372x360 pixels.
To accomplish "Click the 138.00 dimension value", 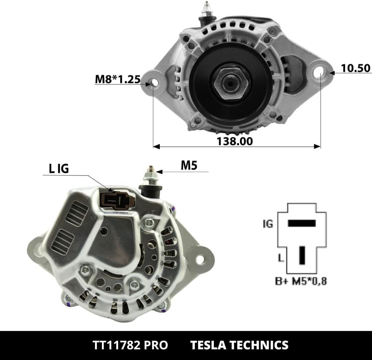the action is (235, 141).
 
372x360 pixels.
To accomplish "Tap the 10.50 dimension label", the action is (355, 68).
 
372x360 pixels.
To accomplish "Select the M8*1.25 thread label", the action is (118, 79).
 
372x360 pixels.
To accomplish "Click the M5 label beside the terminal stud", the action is (189, 165).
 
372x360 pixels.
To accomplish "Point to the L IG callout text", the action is (59, 169).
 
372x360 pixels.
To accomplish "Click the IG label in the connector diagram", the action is (268, 224).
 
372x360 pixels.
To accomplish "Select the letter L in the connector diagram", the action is (281, 258).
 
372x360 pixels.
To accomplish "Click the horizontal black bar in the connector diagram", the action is (302, 223).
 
